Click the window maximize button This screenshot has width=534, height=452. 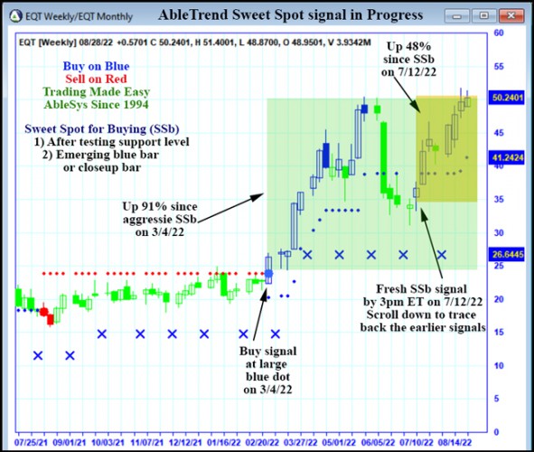click(490, 15)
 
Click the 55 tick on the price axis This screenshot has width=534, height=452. click(499, 66)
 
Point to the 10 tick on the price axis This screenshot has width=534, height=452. click(499, 366)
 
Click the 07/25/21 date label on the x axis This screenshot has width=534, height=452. click(33, 443)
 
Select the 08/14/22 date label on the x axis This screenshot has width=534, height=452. click(452, 443)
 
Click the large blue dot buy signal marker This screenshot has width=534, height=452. click(268, 272)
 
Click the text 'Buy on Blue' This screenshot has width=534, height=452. click(95, 65)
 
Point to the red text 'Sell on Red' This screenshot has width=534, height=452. click(95, 79)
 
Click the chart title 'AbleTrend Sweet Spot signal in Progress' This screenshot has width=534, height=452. click(290, 14)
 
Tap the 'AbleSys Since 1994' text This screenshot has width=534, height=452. click(95, 105)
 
